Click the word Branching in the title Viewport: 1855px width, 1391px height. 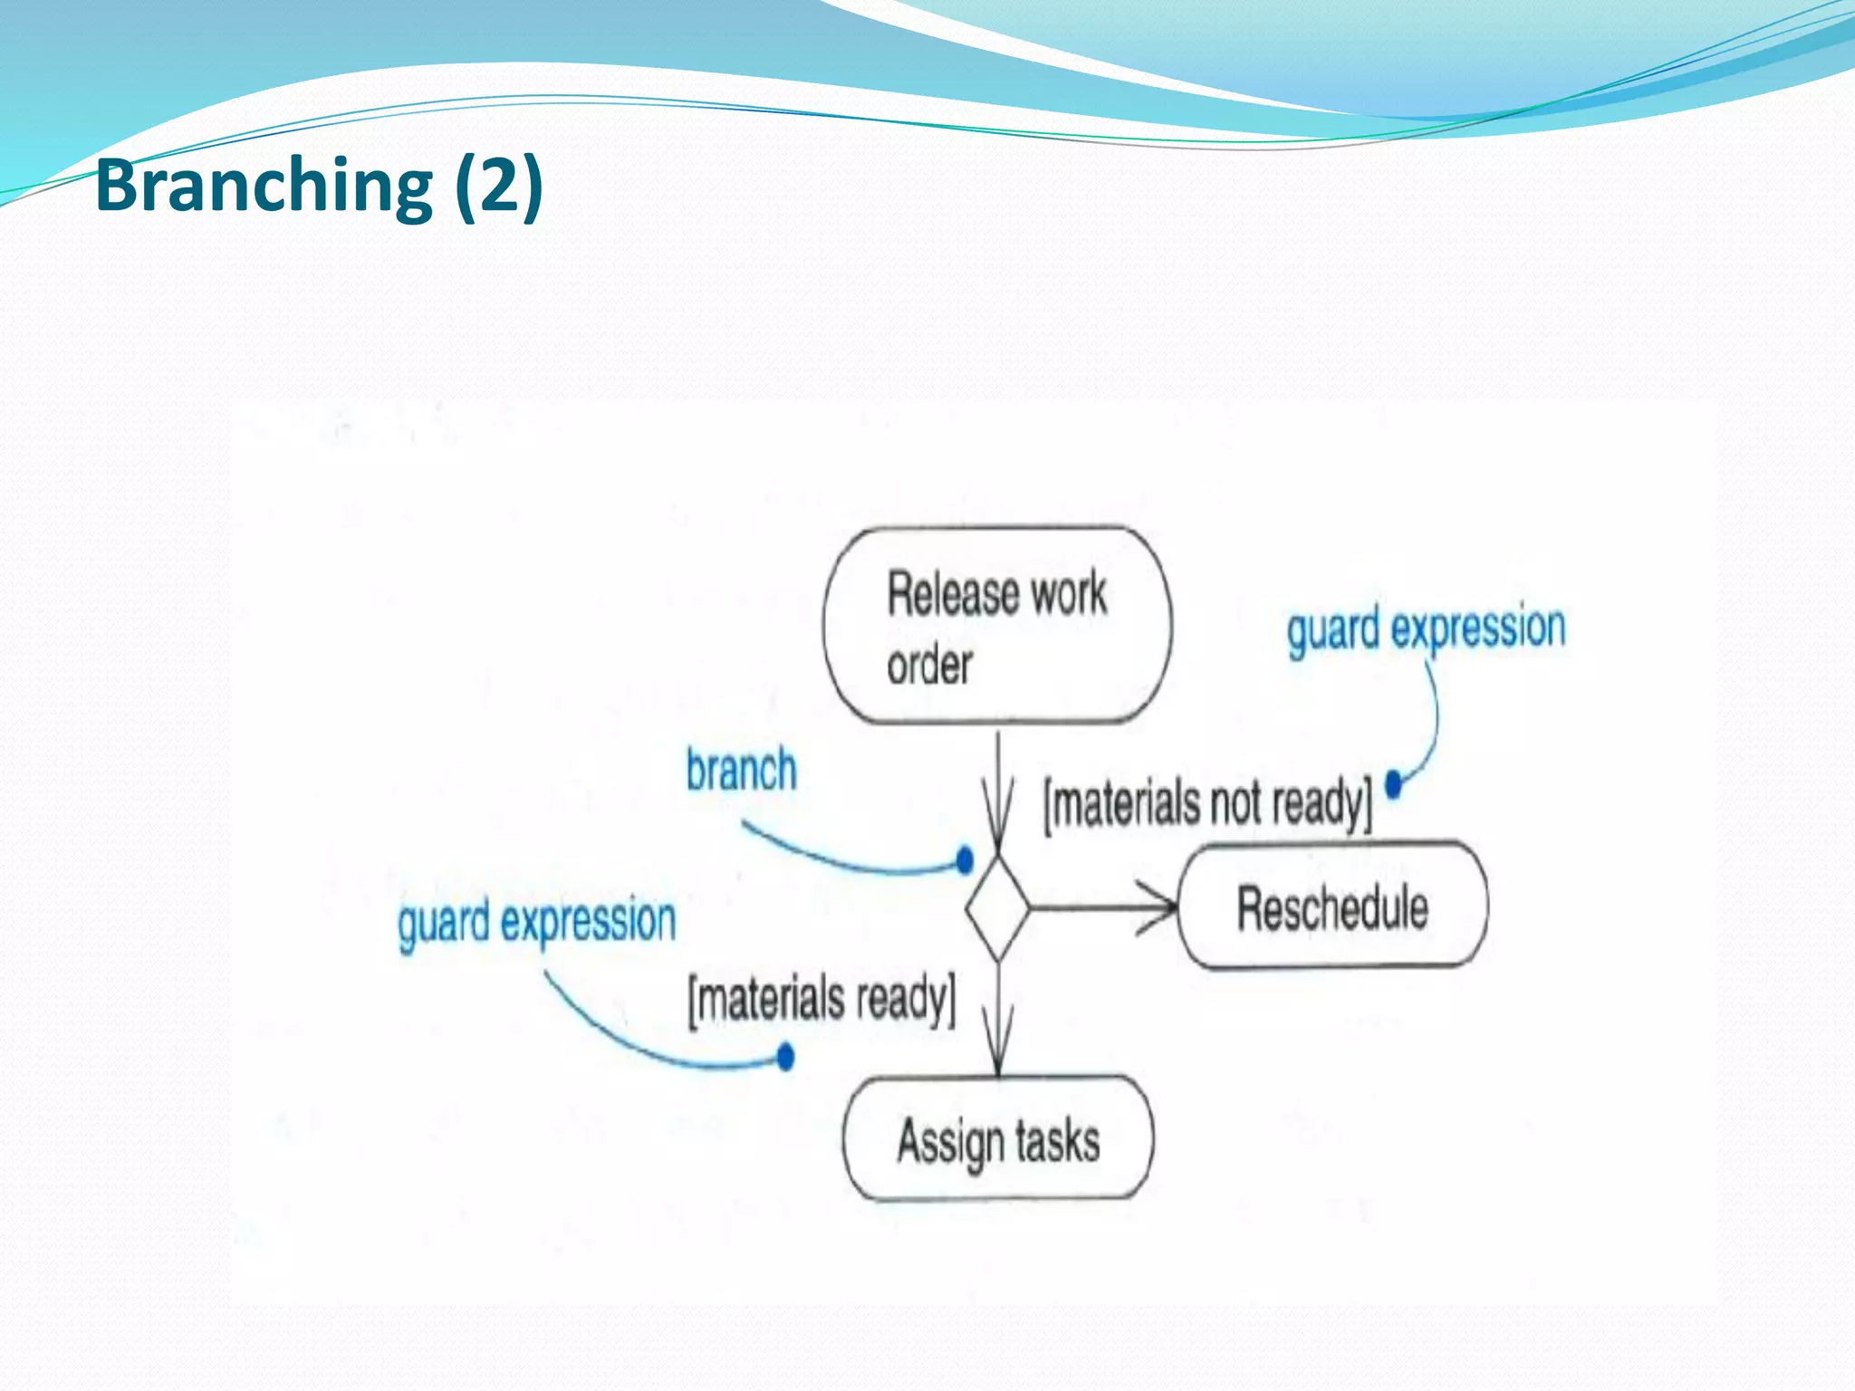264,185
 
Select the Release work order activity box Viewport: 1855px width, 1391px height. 996,626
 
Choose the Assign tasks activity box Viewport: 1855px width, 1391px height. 997,1140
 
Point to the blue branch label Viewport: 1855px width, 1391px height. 741,771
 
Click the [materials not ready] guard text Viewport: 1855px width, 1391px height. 1207,803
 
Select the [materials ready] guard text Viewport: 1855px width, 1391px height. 822,1000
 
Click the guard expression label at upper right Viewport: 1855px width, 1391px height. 1426,628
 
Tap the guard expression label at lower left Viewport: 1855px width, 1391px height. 537,922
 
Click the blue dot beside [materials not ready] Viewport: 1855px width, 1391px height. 1394,783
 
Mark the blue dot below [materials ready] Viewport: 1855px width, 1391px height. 785,1056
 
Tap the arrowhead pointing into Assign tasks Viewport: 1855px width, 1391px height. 997,1050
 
